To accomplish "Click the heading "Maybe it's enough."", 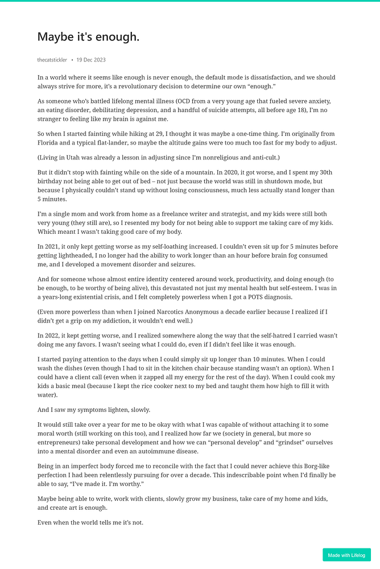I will [88, 37].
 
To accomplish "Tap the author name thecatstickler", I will [52, 60].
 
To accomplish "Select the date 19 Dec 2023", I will [91, 60].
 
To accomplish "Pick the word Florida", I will [48, 142].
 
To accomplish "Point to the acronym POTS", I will [297, 298].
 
